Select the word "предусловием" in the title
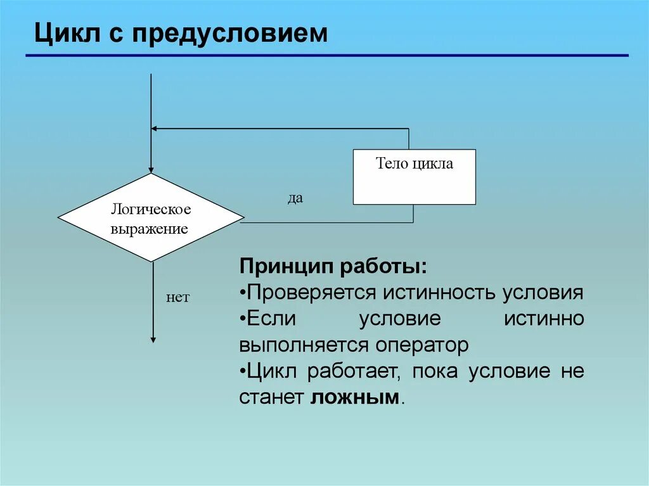coord(230,34)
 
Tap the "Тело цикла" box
coord(414,177)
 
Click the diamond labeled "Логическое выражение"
coord(151,218)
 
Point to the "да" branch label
coord(295,198)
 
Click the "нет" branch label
coord(177,297)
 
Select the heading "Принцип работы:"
coord(333,265)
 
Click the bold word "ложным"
coord(356,397)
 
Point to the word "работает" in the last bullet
coord(353,371)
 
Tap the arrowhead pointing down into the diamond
coord(151,169)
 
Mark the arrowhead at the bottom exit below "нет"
coord(153,339)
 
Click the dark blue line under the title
coord(326,56)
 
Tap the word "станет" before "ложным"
coord(273,397)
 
